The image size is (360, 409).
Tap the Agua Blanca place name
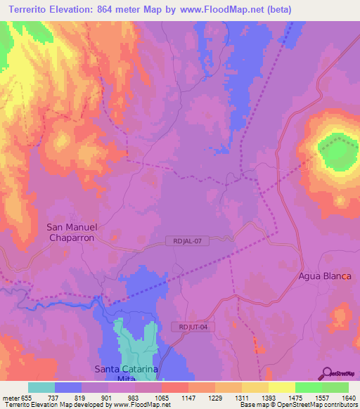(x=324, y=275)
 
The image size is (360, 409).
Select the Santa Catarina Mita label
(x=127, y=373)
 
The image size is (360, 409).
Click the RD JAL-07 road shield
(x=188, y=241)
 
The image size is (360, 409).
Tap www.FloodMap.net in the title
(x=218, y=10)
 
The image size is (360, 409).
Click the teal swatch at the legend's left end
(x=41, y=387)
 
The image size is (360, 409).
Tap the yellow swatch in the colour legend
(x=281, y=387)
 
